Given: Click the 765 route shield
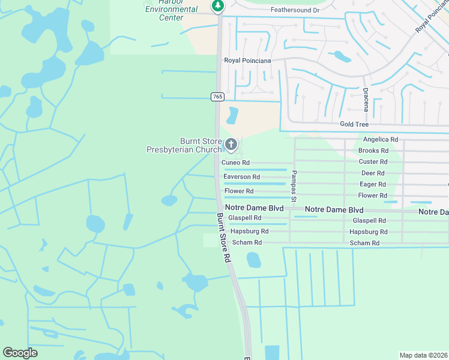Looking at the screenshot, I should (x=217, y=97).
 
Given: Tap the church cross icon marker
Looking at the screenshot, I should (x=231, y=145).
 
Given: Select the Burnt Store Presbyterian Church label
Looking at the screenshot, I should (x=192, y=145).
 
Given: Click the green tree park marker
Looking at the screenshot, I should (x=218, y=6).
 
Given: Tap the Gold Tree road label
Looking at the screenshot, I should (x=354, y=124).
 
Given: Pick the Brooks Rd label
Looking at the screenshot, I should (x=373, y=151).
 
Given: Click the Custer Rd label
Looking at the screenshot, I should (x=373, y=161).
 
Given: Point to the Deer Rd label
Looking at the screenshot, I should (x=372, y=173).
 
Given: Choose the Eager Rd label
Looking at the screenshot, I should (x=373, y=184).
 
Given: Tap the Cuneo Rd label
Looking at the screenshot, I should (x=235, y=163).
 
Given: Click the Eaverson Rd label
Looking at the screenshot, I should (x=241, y=177).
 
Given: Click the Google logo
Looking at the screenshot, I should (x=20, y=353).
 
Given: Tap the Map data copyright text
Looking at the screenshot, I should (x=424, y=355).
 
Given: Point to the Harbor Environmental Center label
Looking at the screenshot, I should (x=172, y=11).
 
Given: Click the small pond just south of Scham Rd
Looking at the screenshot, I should (x=254, y=259).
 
